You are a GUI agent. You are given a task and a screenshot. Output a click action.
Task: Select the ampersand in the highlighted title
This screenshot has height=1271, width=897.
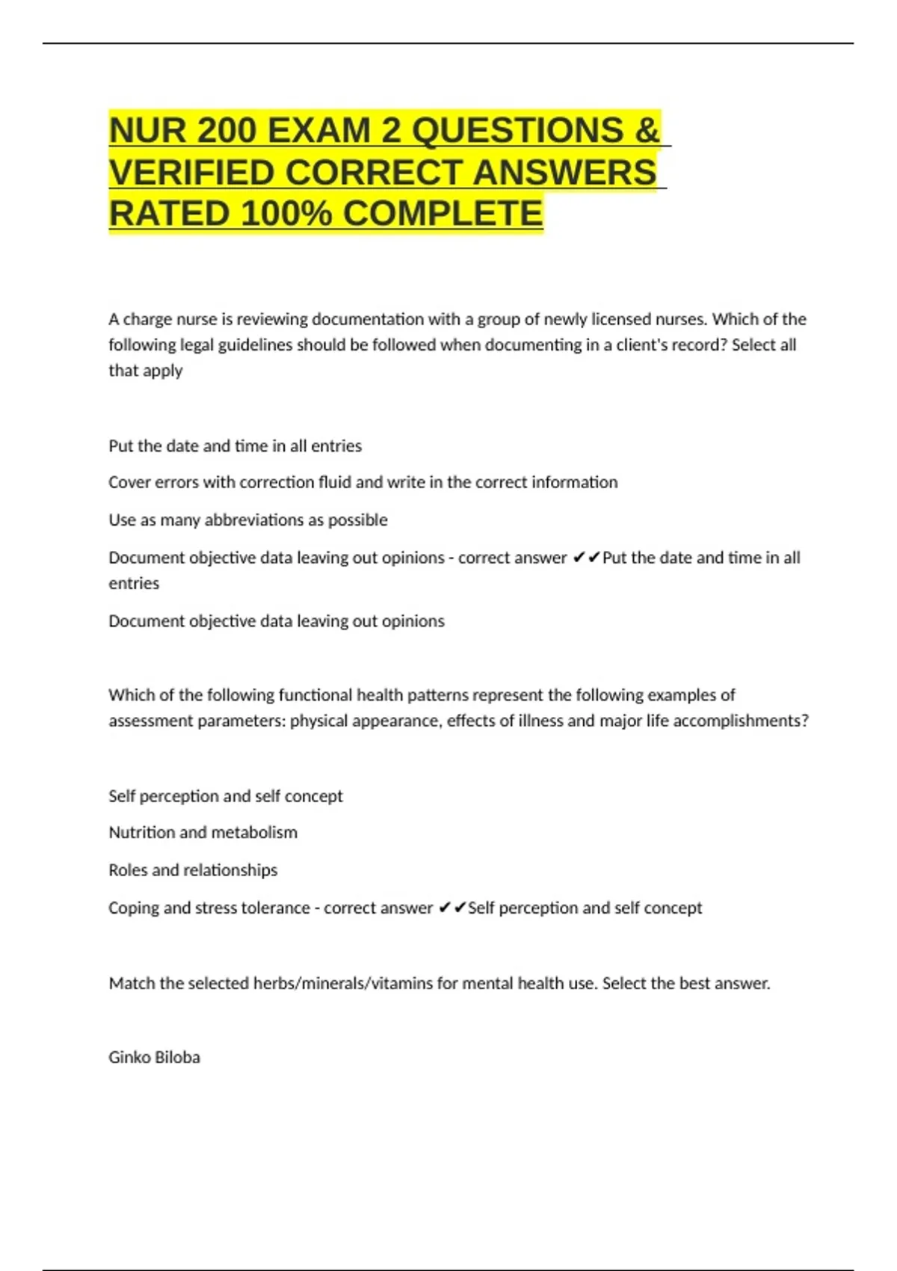[x=647, y=131]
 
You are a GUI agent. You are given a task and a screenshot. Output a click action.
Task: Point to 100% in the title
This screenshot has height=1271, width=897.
[x=286, y=215]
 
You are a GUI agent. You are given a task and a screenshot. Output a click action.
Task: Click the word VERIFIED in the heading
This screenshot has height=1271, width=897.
[x=191, y=173]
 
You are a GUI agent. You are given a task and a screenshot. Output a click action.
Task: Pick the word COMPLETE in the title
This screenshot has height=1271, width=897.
[x=443, y=215]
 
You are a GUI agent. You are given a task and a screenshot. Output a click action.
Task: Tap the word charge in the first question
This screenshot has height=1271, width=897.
[x=147, y=320]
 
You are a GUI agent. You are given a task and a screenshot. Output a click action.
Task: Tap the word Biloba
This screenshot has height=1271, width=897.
[x=178, y=1058]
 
